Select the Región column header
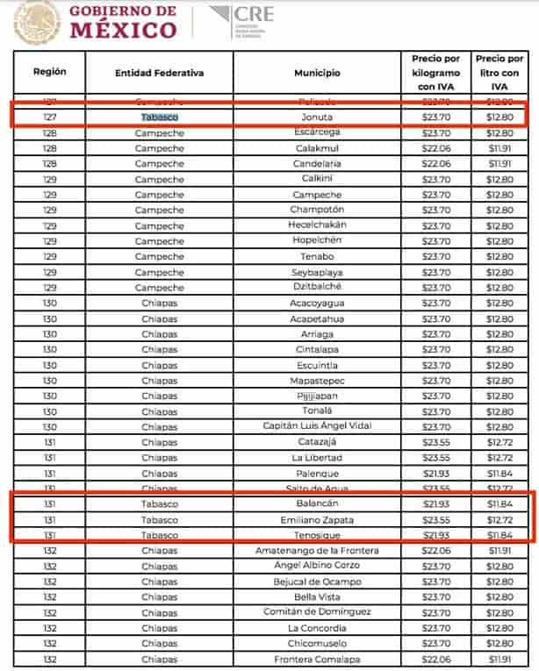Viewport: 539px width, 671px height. tap(49, 72)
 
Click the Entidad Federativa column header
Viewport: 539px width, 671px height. tap(159, 73)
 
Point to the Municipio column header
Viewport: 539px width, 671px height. tap(317, 73)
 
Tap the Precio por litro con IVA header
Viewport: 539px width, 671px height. tap(497, 73)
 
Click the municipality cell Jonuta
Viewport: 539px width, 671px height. tap(317, 117)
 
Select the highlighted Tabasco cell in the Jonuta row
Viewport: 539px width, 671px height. tap(159, 117)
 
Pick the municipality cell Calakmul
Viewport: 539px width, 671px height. tap(317, 148)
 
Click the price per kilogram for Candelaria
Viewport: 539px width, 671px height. tap(436, 163)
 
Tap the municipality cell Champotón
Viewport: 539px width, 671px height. tap(317, 210)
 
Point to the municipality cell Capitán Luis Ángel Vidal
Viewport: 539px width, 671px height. tap(317, 426)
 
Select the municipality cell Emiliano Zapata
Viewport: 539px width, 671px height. tap(317, 519)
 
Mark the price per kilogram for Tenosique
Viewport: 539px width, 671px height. tap(436, 534)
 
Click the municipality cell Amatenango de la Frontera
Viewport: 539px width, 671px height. tap(317, 550)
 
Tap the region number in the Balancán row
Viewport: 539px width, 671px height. tap(49, 504)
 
